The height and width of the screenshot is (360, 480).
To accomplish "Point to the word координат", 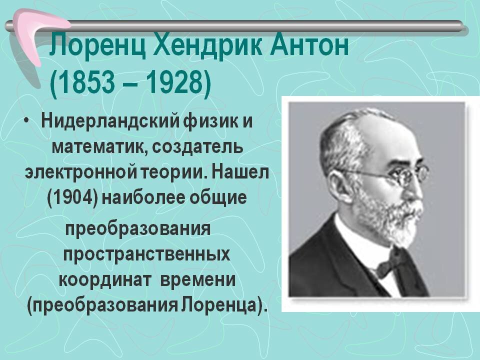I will pos(105,278).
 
